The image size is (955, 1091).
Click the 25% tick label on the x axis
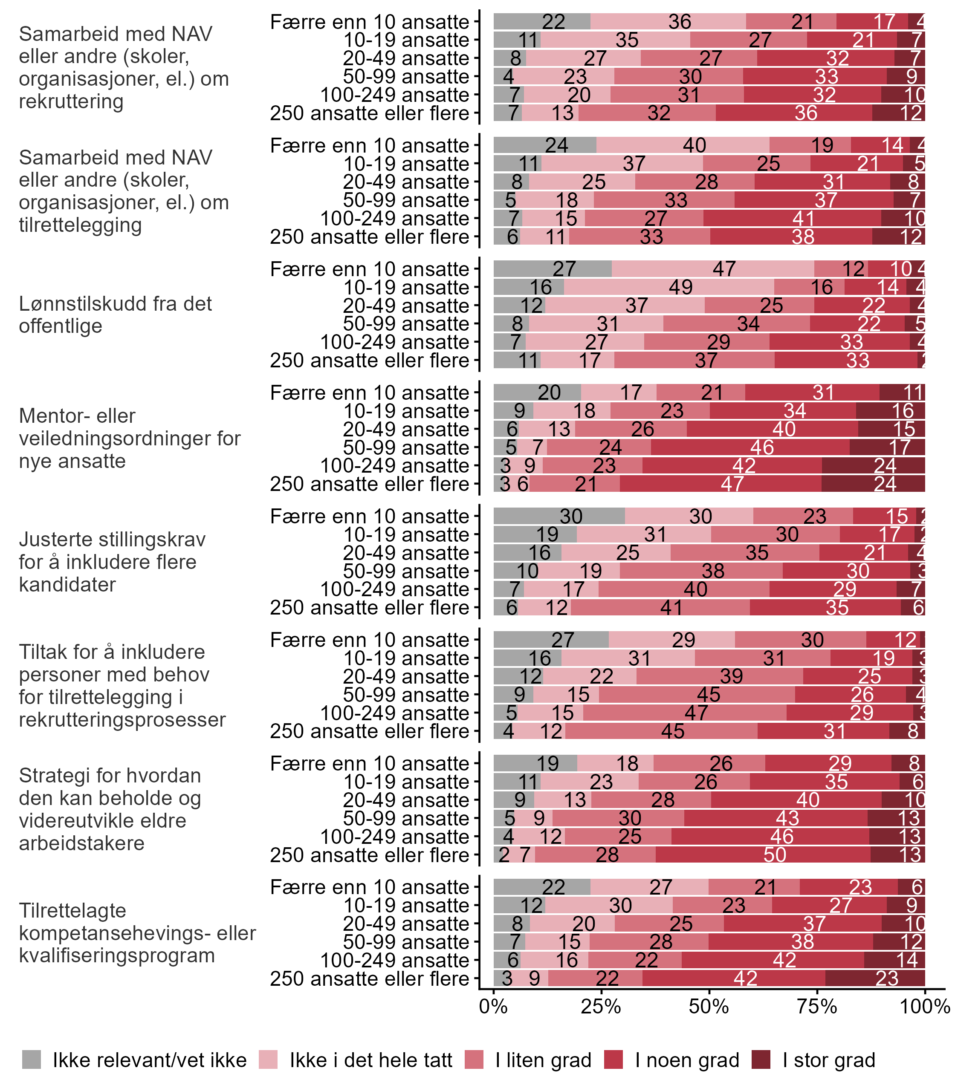pos(601,1006)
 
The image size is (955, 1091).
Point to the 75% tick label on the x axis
pos(817,1006)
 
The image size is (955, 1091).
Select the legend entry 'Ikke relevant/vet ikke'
pos(134,1060)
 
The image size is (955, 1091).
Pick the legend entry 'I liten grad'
pos(528,1060)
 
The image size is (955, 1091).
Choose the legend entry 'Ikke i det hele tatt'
pos(356,1060)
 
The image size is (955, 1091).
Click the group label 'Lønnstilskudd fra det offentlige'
pos(115,315)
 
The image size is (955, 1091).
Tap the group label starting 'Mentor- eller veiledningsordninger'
pos(130,438)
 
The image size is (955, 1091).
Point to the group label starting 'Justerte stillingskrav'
pos(112,562)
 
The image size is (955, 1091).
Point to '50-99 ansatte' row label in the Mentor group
pos(405,447)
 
